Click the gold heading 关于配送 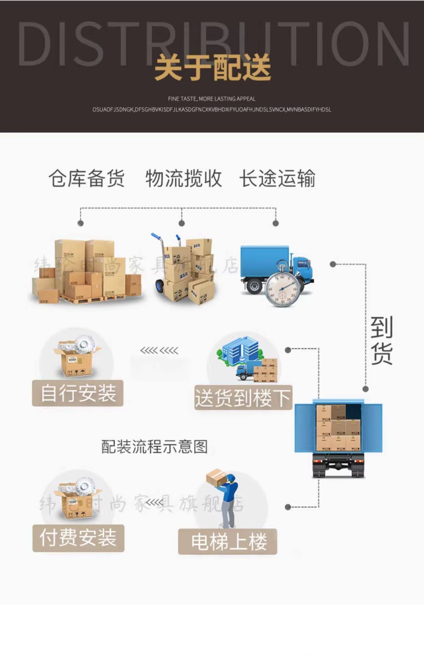(x=213, y=68)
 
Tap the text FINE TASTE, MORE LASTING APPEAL (x=212, y=99)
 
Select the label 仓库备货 (x=86, y=179)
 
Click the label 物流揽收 (x=183, y=179)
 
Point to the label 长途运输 (x=277, y=179)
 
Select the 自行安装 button (x=78, y=393)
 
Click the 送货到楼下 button (x=243, y=398)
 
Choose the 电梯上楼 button (x=228, y=542)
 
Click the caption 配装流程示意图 (x=155, y=447)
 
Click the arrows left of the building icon (x=159, y=351)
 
